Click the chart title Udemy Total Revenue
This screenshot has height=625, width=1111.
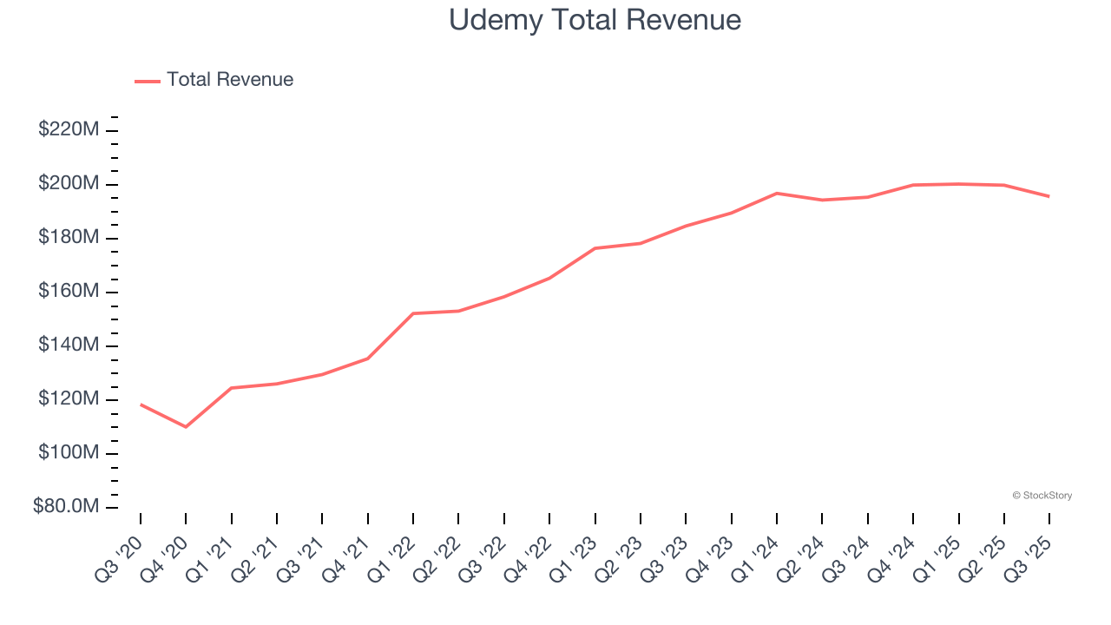(x=595, y=20)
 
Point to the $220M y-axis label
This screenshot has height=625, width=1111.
(x=69, y=130)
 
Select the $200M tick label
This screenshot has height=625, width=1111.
(x=69, y=184)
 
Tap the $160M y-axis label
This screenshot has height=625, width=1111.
(x=69, y=292)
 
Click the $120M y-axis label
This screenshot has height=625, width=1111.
(x=69, y=399)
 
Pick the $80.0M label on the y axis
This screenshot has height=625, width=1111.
(x=66, y=507)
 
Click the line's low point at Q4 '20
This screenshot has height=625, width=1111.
(x=186, y=426)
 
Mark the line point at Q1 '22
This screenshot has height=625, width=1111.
(x=413, y=313)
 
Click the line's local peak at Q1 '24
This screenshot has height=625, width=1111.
(x=777, y=194)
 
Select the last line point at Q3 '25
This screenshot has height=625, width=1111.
(x=1049, y=196)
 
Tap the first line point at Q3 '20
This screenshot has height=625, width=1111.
(x=141, y=405)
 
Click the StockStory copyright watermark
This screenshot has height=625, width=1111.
(x=1042, y=496)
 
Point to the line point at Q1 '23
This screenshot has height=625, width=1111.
(x=595, y=248)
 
